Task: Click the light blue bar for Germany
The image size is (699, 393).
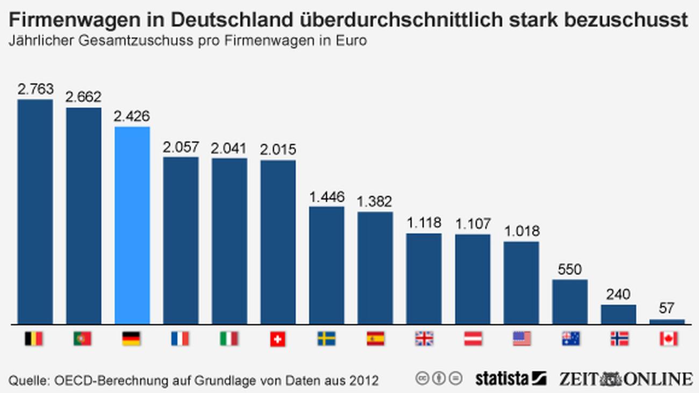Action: click(x=132, y=226)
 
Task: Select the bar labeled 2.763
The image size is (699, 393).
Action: click(x=35, y=212)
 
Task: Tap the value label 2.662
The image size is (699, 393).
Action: click(x=83, y=97)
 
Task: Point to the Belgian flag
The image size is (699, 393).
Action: click(x=34, y=339)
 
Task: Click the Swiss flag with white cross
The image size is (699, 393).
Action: click(x=277, y=339)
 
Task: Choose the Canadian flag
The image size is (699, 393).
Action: click(x=668, y=339)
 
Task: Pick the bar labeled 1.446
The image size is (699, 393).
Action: click(x=326, y=266)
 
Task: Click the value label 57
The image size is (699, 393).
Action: click(x=667, y=309)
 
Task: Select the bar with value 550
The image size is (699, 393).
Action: click(x=570, y=302)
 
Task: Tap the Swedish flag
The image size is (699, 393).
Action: click(x=326, y=339)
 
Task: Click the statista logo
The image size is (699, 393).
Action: click(x=510, y=378)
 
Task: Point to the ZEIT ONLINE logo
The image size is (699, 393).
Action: click(x=625, y=378)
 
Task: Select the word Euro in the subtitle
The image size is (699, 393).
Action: click(x=349, y=41)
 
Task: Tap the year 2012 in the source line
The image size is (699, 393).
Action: click(x=362, y=381)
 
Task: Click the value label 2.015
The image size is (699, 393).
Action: click(x=278, y=149)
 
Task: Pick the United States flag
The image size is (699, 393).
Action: click(x=522, y=339)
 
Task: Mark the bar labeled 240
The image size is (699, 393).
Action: click(x=618, y=315)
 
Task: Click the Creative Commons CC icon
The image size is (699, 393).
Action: click(x=422, y=378)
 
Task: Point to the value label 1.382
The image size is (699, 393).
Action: click(x=375, y=201)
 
